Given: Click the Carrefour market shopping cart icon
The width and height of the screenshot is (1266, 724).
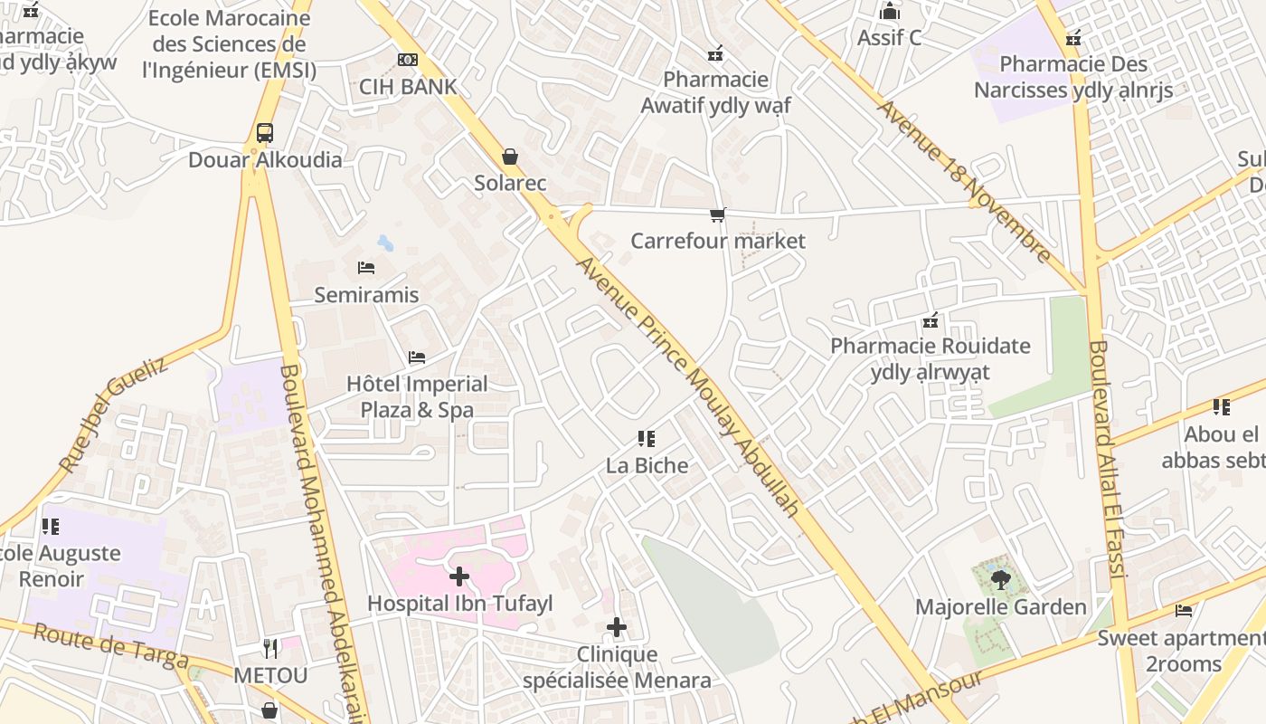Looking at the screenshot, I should coord(717,214).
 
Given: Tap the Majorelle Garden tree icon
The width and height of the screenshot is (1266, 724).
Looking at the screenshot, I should coord(1000,579).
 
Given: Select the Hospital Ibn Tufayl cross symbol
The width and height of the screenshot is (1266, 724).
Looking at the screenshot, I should coord(459,576).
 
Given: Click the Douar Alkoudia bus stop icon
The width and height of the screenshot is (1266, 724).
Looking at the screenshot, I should coord(265,133).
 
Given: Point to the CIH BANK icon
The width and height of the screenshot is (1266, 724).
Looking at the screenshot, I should coord(408,60).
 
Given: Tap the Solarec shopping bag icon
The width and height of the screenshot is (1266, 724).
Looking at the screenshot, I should coord(510,157).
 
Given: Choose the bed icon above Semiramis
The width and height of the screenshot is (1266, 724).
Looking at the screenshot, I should coord(366,268).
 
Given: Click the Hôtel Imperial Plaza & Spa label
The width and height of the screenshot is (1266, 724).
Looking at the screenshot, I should coord(417,396).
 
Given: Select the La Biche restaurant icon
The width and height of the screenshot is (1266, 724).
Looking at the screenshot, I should coord(646,439).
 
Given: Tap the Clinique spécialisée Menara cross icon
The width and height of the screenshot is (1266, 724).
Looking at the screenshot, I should coord(617,626).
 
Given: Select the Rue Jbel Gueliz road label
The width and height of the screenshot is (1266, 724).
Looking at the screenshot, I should coord(114,414).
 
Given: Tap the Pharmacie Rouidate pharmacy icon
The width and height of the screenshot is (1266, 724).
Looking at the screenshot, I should coord(931,320).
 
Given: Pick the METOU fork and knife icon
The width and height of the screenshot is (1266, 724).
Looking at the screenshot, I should coord(270,648).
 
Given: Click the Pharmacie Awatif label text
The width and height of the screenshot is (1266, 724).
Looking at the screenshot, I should coord(715,92).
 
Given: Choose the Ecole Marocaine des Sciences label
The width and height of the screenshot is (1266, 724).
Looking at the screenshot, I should coord(229,44).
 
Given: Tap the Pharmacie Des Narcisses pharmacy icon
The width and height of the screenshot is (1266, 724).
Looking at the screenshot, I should coord(1073,38).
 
